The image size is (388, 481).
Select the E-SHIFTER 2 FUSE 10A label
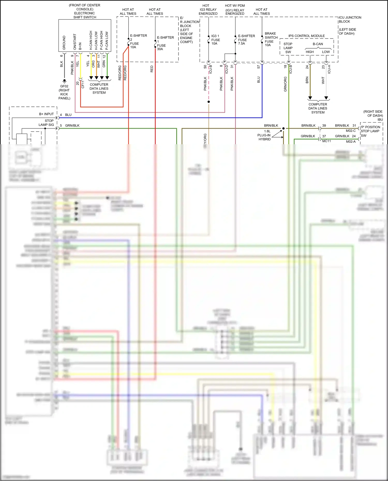click(138, 41)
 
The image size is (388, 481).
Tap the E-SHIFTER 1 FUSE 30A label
click(165, 43)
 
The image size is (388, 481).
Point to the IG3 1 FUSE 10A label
click(215, 40)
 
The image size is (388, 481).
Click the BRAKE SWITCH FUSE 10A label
click(271, 39)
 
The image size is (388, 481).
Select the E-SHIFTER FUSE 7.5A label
click(246, 40)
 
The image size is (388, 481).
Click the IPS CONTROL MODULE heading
click(307, 36)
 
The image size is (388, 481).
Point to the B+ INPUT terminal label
click(46, 114)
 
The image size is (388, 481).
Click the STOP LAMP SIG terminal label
click(47, 123)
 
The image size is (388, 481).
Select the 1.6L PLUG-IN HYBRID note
click(264, 135)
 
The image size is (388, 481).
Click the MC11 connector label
click(326, 141)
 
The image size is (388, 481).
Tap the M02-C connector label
click(350, 131)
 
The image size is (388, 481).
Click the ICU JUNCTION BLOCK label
click(350, 19)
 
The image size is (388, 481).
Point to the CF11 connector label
click(83, 84)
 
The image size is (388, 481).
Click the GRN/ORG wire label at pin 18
click(285, 84)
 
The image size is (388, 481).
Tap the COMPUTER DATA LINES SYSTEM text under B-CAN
click(318, 108)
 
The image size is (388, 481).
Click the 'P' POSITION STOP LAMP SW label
click(370, 131)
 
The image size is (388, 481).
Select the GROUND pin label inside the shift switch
click(64, 43)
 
